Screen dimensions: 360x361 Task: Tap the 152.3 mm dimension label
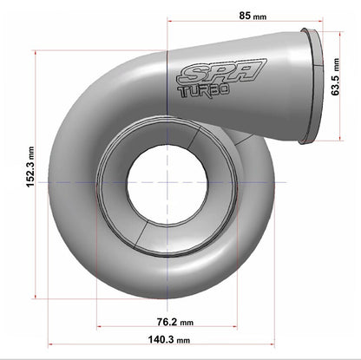30,167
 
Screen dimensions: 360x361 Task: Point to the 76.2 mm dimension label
165,318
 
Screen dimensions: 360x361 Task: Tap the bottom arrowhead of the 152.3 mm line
35,298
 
